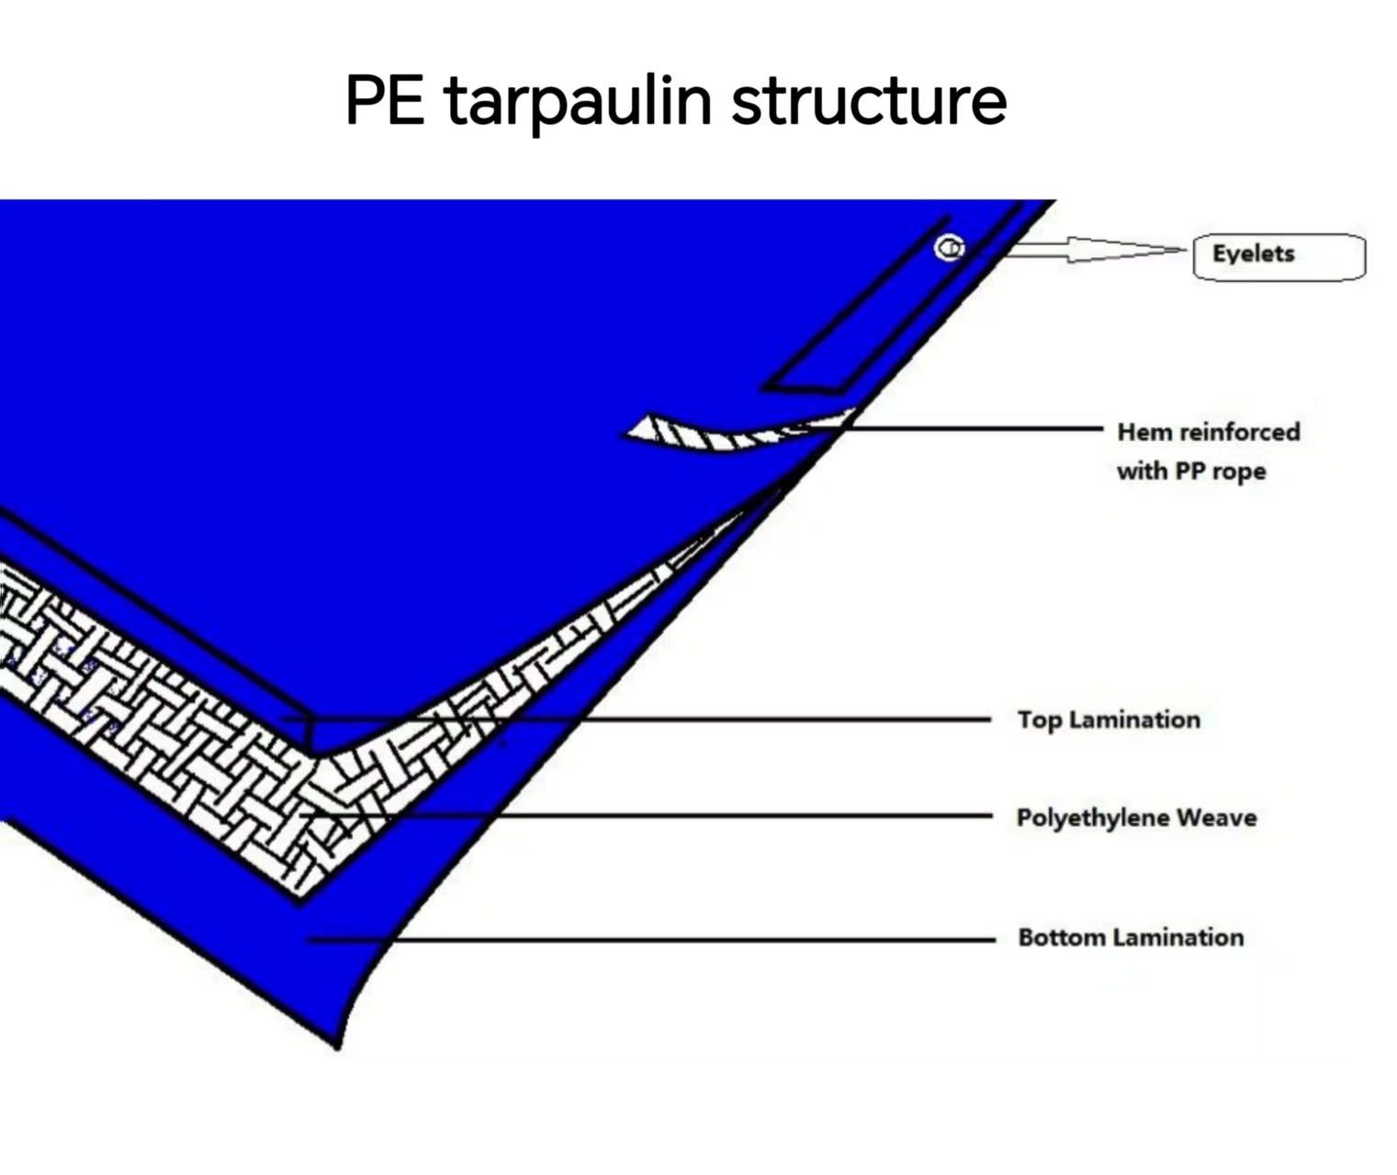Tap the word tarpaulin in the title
[x=578, y=101]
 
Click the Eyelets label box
[x=1278, y=255]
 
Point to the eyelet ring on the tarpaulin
[x=950, y=248]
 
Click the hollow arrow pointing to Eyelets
[x=1093, y=249]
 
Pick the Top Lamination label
[x=1109, y=719]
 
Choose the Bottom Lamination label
[x=1131, y=937]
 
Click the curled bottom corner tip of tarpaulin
[x=338, y=1042]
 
